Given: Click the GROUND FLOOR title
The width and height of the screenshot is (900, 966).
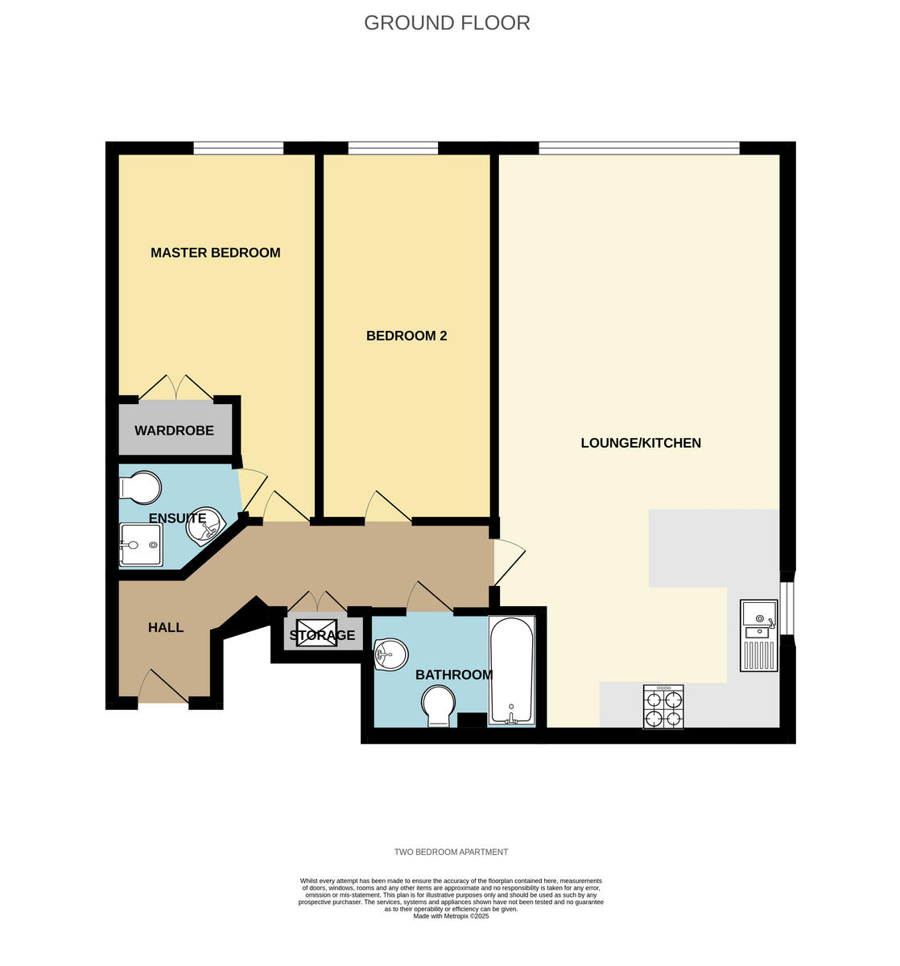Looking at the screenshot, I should [x=447, y=23].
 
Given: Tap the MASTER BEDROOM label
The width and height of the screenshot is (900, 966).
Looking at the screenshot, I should [x=215, y=253].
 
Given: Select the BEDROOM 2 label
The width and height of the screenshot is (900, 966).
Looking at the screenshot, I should [x=406, y=336].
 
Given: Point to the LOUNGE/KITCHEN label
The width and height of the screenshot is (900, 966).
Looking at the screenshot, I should [x=640, y=443].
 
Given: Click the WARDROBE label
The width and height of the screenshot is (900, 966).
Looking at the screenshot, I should [x=174, y=431].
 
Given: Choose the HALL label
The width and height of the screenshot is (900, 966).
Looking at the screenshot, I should [x=165, y=627].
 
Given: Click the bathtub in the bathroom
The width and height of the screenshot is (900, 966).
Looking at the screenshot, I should [x=511, y=671].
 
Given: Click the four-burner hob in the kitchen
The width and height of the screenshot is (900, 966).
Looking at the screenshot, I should [x=663, y=707].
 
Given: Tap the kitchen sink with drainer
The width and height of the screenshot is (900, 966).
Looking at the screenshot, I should [x=759, y=635].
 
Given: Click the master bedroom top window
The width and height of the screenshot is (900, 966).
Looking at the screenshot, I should [x=237, y=148].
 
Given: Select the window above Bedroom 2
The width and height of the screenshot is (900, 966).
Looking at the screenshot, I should [x=392, y=148].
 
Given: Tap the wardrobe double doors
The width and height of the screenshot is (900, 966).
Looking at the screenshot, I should [x=176, y=387].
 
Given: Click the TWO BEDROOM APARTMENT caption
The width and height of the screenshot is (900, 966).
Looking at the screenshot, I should [x=451, y=852].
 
